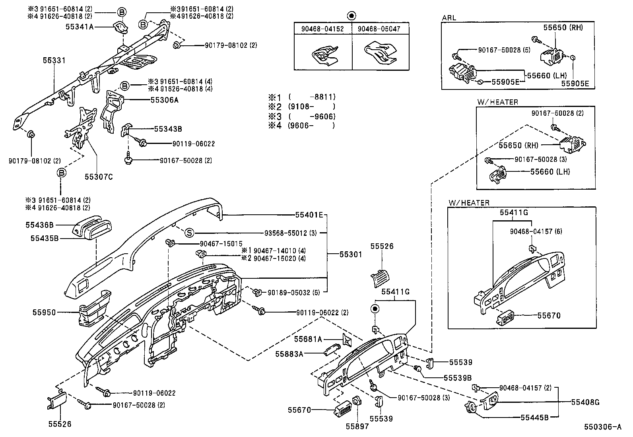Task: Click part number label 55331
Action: point(54,60)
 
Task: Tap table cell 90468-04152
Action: point(323,29)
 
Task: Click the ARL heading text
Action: point(449,18)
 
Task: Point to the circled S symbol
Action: point(189,233)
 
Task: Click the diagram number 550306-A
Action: point(602,427)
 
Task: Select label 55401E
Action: point(309,215)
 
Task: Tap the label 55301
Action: point(350,254)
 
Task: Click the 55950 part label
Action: point(44,313)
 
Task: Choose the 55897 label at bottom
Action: point(357,426)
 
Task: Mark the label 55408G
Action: point(585,402)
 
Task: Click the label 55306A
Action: point(164,100)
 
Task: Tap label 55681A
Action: point(307,339)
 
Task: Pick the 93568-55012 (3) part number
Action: point(290,233)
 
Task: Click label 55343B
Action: point(168,129)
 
